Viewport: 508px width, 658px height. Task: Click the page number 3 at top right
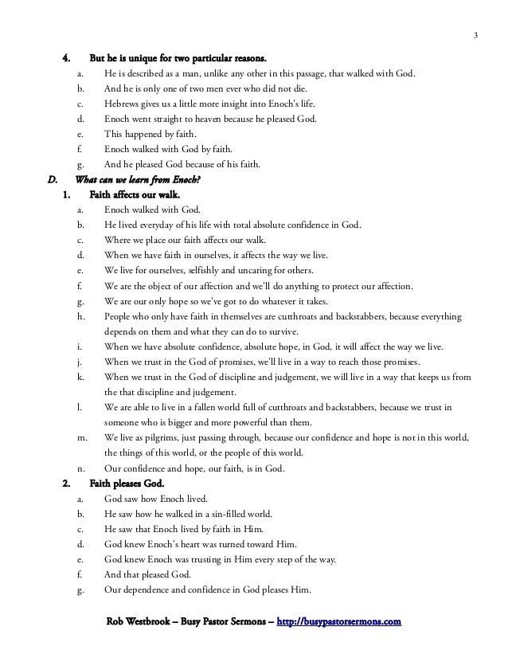(475, 34)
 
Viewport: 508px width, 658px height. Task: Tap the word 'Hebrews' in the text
(123, 104)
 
